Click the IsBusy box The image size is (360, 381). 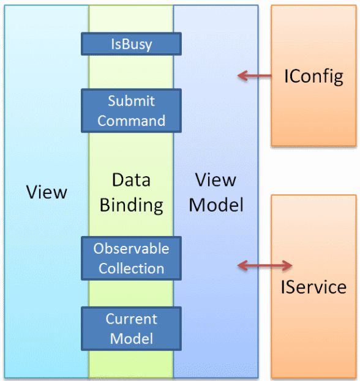coord(131,44)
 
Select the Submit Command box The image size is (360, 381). coord(131,111)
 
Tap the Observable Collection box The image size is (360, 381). coord(131,258)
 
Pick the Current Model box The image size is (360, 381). coord(131,328)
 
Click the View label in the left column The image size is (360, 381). coord(47,192)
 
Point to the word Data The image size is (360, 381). coord(131,180)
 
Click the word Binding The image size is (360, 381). coord(131,205)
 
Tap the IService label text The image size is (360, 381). coord(313,286)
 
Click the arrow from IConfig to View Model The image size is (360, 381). coord(255,76)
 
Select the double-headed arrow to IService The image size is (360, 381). coord(264,265)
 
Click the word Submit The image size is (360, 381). coord(131,101)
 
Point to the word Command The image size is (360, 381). coord(131,120)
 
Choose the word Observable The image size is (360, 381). coord(131,248)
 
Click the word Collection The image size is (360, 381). coord(131,268)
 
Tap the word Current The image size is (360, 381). coord(131,319)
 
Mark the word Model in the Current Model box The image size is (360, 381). coord(131,338)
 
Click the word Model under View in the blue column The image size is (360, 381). coord(216,205)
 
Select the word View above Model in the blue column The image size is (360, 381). coord(216,180)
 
